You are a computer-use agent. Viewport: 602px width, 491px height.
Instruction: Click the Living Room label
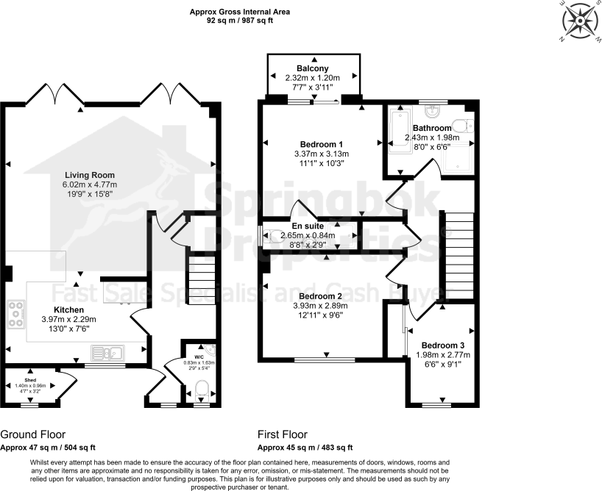(90, 174)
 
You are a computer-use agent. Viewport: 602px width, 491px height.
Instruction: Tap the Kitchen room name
(73, 309)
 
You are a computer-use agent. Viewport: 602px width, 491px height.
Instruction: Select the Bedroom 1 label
(321, 143)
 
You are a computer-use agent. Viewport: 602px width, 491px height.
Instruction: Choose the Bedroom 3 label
(442, 345)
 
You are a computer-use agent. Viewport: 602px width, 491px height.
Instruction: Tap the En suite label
(307, 226)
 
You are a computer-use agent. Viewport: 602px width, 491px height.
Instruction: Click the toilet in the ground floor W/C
(202, 390)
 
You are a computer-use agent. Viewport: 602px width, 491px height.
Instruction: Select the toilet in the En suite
(274, 236)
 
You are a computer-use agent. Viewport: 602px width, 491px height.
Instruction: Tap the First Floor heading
(283, 434)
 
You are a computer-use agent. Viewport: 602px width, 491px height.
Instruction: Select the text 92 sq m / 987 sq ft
(240, 21)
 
